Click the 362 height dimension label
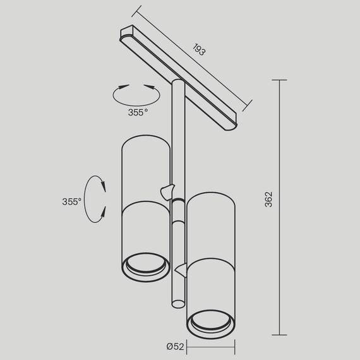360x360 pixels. (268, 199)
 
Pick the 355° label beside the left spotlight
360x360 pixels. (71, 202)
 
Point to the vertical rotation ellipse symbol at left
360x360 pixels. (94, 198)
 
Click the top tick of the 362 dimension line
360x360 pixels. (280, 80)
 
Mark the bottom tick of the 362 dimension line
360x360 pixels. (280, 335)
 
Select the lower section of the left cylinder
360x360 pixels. (145, 234)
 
